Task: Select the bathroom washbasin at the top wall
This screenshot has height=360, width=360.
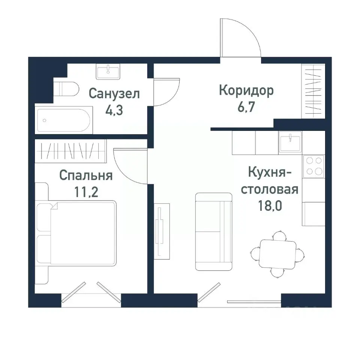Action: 108,71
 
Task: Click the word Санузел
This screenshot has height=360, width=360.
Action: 114,93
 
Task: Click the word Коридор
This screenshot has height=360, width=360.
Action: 246,90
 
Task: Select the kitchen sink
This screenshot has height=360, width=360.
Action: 290,143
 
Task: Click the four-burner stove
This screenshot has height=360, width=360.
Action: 314,165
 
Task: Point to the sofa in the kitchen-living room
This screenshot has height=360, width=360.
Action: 214,232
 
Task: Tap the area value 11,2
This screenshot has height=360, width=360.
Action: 86,193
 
